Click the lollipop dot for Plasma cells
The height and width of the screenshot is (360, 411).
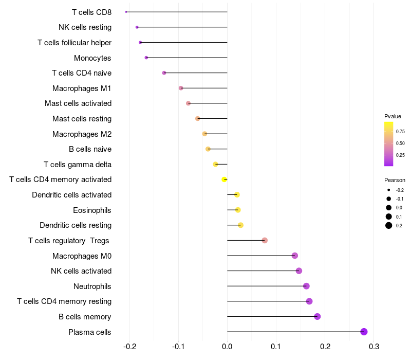(364, 332)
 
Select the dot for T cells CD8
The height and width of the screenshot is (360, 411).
(126, 12)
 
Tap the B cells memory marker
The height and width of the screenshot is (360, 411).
(317, 316)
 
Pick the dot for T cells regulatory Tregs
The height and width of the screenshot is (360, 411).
(265, 240)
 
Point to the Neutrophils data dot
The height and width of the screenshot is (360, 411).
(306, 286)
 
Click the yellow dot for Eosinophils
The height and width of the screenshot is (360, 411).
(238, 210)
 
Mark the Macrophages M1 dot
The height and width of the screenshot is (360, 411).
(181, 88)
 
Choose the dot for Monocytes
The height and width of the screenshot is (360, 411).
(146, 58)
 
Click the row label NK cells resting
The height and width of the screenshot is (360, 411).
(85, 27)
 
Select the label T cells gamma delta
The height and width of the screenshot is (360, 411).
(78, 165)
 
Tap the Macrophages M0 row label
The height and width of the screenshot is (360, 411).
(82, 256)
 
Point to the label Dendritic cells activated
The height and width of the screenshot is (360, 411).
(71, 195)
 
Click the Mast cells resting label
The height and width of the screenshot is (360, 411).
(82, 119)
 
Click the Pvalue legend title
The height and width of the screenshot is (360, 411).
(393, 116)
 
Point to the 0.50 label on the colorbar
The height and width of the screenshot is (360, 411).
(400, 143)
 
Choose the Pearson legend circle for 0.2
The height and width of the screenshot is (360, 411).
(389, 225)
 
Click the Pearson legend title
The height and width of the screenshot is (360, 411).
(395, 181)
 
